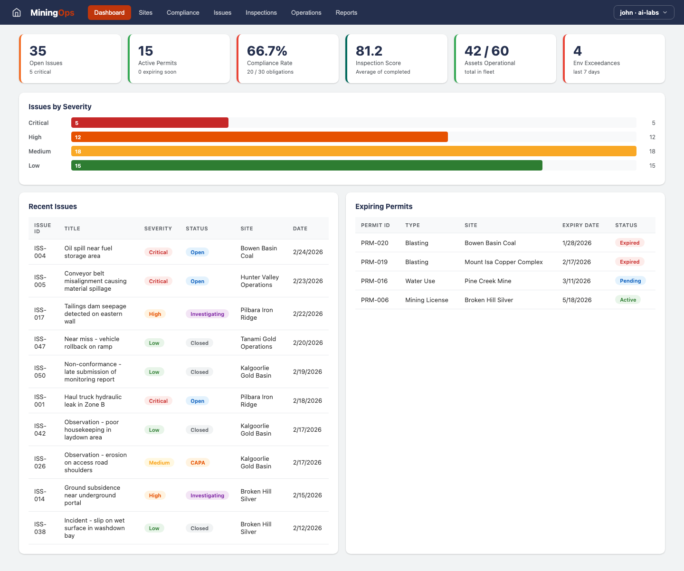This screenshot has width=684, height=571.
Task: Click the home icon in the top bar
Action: point(17,13)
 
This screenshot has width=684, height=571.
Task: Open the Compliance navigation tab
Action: point(183,13)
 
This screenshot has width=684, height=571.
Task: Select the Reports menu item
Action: point(346,13)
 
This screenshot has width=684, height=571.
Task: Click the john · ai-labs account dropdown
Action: point(644,13)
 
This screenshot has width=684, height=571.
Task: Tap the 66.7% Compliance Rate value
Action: point(267,51)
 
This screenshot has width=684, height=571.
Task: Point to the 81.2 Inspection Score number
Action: point(369,51)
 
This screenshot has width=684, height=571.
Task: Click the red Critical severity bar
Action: point(150,123)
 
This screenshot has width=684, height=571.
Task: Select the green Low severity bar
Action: point(306,166)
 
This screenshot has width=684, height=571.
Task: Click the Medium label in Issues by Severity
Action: point(39,152)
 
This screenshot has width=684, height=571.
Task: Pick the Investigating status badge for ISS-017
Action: point(207,314)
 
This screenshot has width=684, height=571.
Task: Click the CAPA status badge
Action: point(198,463)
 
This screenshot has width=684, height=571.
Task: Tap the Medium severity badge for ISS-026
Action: point(159,463)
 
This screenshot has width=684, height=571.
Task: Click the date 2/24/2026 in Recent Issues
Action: point(308,252)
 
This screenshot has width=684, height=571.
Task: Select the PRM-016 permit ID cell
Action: point(374,281)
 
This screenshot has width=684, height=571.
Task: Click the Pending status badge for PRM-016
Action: point(630,281)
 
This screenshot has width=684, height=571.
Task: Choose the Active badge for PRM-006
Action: point(627,300)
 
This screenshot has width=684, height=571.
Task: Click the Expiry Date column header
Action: point(580,225)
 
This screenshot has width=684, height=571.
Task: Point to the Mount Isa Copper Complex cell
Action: point(503,262)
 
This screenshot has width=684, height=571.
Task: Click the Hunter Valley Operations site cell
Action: point(259,281)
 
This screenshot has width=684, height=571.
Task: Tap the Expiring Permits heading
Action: point(384,207)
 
